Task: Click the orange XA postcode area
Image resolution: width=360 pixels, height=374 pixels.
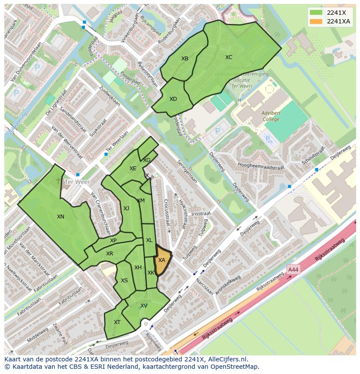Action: [162, 261]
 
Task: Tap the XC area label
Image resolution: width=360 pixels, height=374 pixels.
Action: [229, 57]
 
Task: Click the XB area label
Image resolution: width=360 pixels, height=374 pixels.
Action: [185, 59]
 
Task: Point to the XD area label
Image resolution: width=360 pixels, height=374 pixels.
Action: [173, 99]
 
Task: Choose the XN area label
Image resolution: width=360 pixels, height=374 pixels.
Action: [60, 217]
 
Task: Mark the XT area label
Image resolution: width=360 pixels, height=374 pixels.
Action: [117, 322]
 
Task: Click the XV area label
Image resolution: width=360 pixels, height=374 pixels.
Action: [144, 306]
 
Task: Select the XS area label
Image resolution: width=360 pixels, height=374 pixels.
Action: [124, 281]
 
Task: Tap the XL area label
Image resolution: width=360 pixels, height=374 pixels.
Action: [149, 240]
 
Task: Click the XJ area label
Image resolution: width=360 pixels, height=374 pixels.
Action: [126, 209]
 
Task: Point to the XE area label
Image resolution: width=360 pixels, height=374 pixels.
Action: [133, 169]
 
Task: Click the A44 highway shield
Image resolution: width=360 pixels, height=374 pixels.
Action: [293, 270]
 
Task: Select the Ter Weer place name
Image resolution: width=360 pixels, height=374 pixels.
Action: [77, 182]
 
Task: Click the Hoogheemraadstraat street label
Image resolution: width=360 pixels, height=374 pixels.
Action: [261, 166]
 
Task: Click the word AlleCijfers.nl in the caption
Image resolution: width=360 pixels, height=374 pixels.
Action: [226, 359]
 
